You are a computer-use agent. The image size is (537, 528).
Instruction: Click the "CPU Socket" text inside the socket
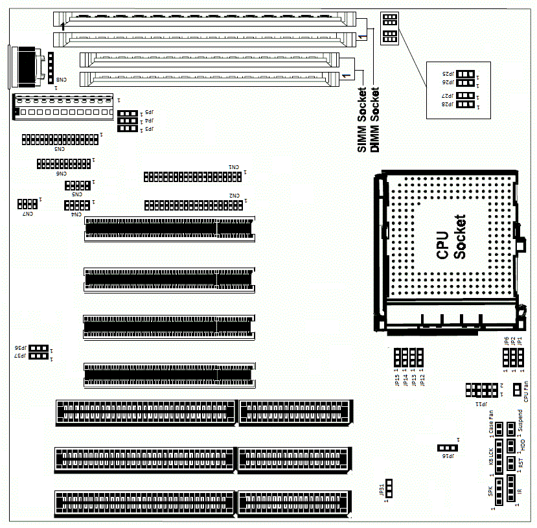tap(451, 237)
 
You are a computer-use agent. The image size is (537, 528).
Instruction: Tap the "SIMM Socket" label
tap(362, 120)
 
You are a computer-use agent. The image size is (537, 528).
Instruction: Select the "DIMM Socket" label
tap(374, 120)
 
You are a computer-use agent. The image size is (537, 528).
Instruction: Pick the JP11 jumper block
tap(481, 390)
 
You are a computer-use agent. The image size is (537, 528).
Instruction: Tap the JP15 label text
tap(396, 380)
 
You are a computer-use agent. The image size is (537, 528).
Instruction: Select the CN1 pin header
tap(193, 176)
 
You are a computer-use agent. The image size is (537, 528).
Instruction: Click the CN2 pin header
tap(193, 205)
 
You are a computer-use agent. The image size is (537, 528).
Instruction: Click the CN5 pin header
tap(78, 185)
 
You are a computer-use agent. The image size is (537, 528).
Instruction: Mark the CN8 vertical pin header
tap(49, 67)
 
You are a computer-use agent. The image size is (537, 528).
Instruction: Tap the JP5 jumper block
tap(127, 113)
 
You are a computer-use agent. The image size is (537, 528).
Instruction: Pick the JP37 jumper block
tap(39, 356)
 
